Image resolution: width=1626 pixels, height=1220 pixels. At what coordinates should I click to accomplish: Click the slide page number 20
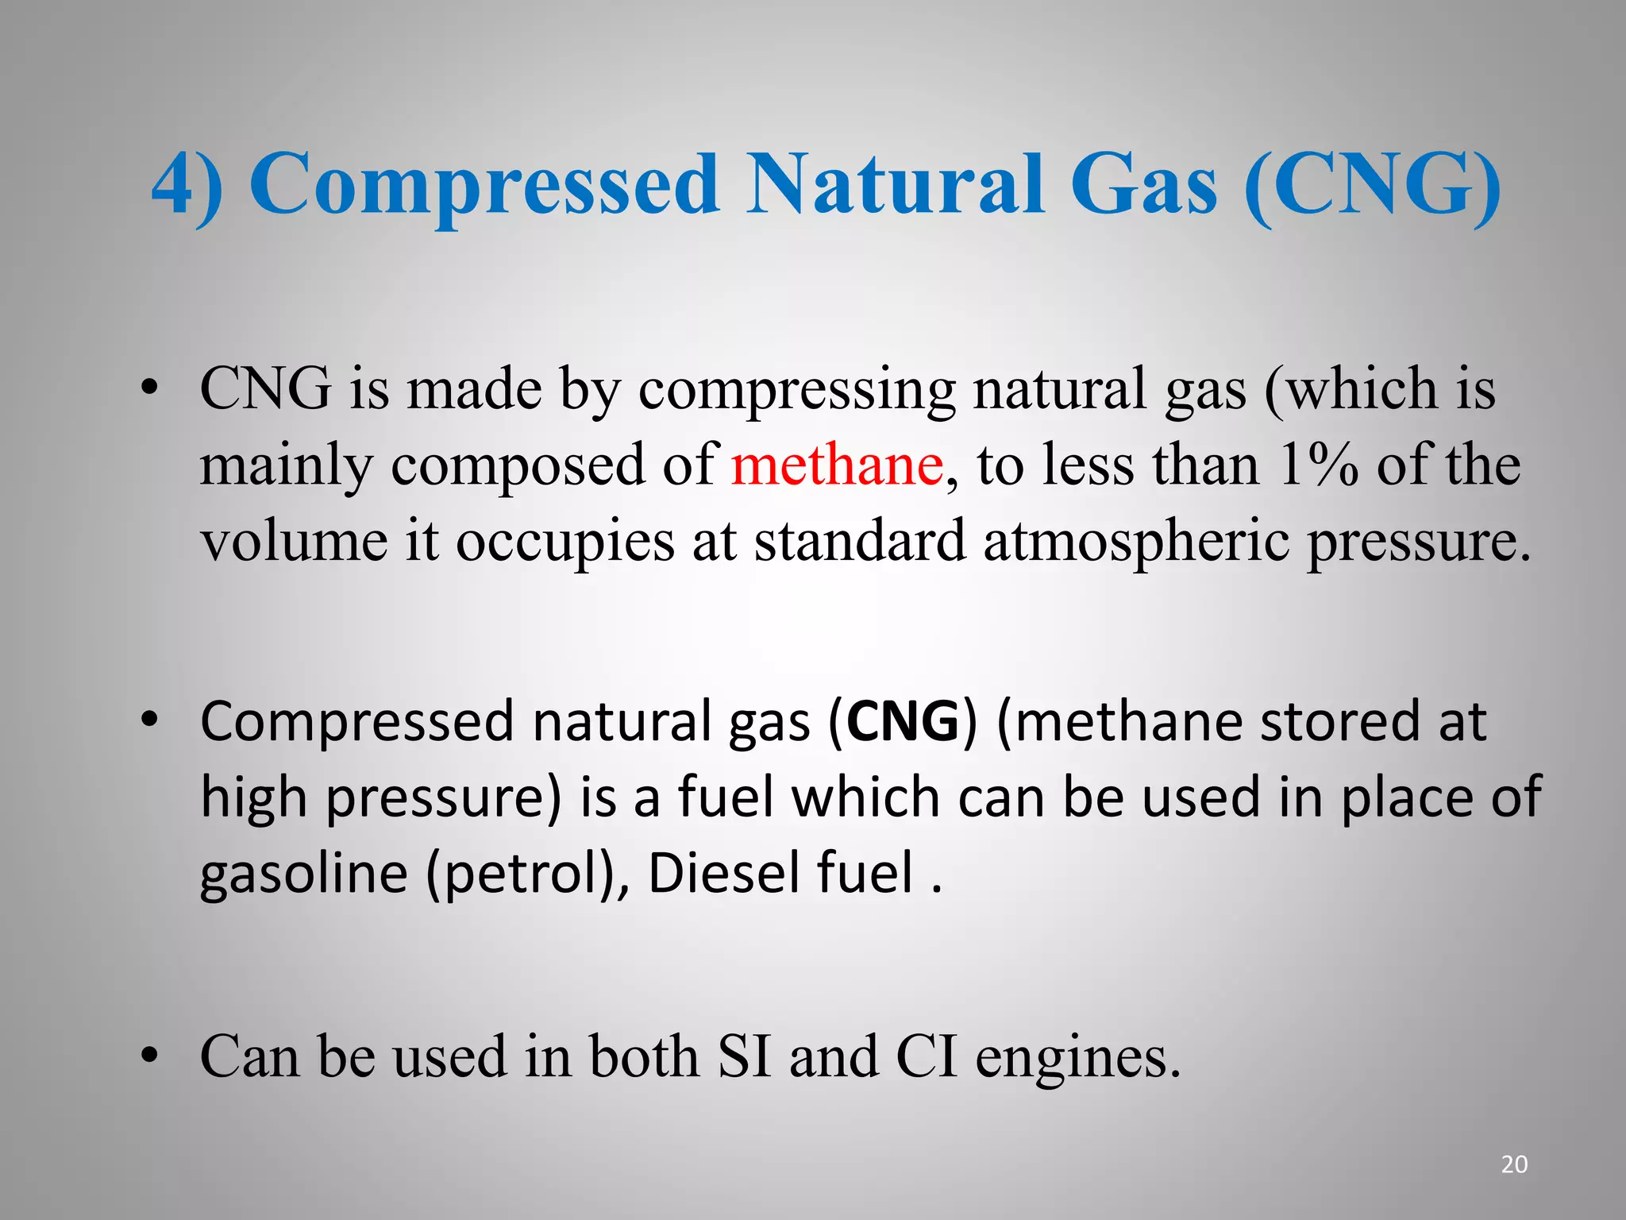[1514, 1164]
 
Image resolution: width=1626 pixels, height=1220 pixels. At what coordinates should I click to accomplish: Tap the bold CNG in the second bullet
[903, 722]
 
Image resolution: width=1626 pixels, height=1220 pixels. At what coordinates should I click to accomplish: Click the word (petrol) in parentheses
[523, 874]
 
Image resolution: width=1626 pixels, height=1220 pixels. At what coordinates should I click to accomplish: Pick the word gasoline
[303, 874]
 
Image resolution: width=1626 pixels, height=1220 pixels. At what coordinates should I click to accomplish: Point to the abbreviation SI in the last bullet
[744, 1057]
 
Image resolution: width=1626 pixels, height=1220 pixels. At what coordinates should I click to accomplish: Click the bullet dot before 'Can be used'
[149, 1057]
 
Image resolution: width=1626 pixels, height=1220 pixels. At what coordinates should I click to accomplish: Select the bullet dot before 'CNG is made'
[149, 389]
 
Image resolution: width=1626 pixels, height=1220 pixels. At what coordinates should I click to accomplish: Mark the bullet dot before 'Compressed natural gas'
[149, 720]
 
